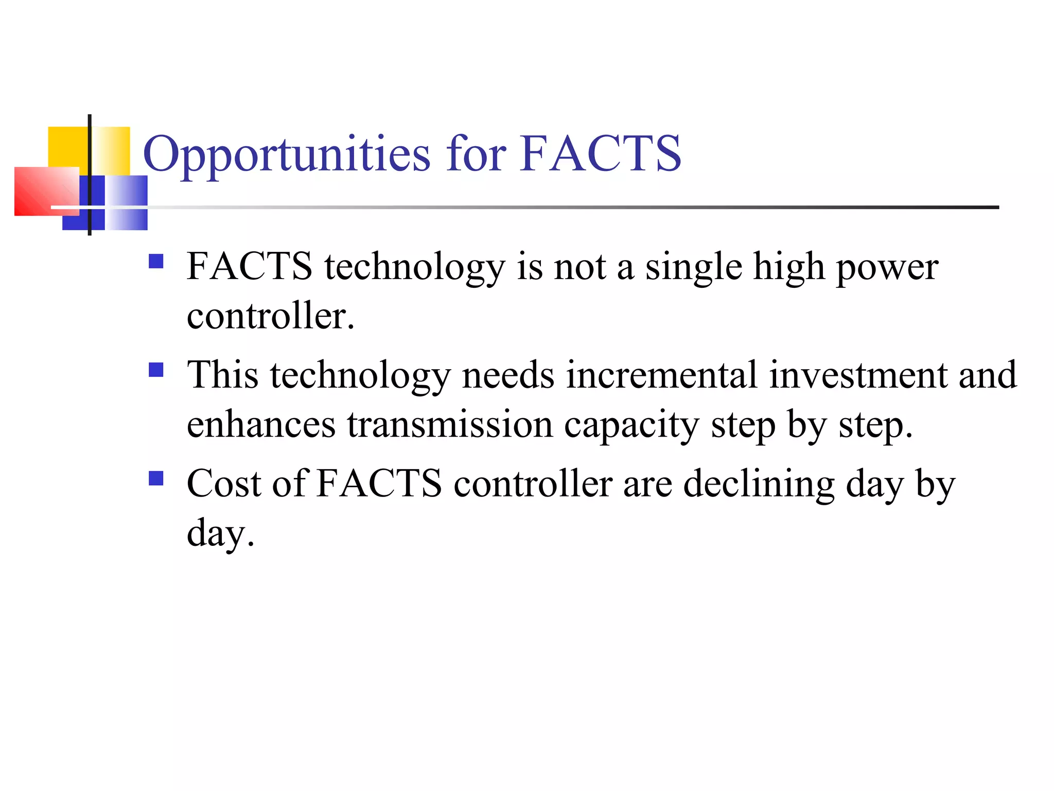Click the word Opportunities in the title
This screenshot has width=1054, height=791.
click(286, 154)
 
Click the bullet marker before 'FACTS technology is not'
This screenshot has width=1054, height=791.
click(155, 262)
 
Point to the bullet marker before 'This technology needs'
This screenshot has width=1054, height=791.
click(155, 370)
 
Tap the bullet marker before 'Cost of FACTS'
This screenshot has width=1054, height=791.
click(155, 478)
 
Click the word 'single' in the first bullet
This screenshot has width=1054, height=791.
click(693, 268)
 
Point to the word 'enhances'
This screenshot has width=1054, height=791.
click(261, 425)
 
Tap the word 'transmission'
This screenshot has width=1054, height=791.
click(450, 425)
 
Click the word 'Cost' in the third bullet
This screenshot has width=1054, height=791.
click(224, 484)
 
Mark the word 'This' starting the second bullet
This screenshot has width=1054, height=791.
click(222, 375)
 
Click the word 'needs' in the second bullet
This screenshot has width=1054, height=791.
click(508, 375)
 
